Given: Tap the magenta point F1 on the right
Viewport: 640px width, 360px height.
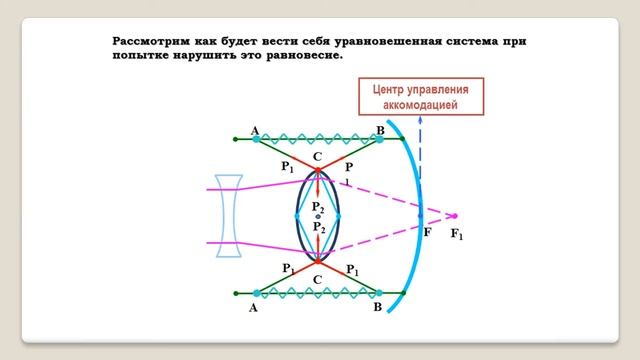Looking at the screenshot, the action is tap(454, 215).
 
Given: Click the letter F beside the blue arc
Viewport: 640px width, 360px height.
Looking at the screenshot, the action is tap(428, 232).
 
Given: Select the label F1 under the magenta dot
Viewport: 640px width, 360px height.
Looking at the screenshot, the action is tap(458, 235).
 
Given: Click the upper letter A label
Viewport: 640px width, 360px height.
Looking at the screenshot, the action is tap(255, 131).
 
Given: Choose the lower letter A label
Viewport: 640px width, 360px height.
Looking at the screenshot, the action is tap(252, 309).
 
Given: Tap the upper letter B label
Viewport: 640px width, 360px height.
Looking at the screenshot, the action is tap(379, 131).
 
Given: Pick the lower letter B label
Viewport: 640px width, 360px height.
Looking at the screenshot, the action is tap(377, 309).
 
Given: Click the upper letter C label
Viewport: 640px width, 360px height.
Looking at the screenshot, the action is tap(316, 156).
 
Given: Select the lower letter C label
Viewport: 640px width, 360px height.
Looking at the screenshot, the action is tap(318, 279).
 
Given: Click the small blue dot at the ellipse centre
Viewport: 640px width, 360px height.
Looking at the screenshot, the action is tap(318, 216).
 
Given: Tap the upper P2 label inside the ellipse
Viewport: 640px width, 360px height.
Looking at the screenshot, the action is tap(318, 206).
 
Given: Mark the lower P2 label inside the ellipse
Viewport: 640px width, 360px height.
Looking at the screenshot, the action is tap(318, 228).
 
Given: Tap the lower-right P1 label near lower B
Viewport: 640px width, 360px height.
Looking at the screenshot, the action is tap(352, 270).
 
